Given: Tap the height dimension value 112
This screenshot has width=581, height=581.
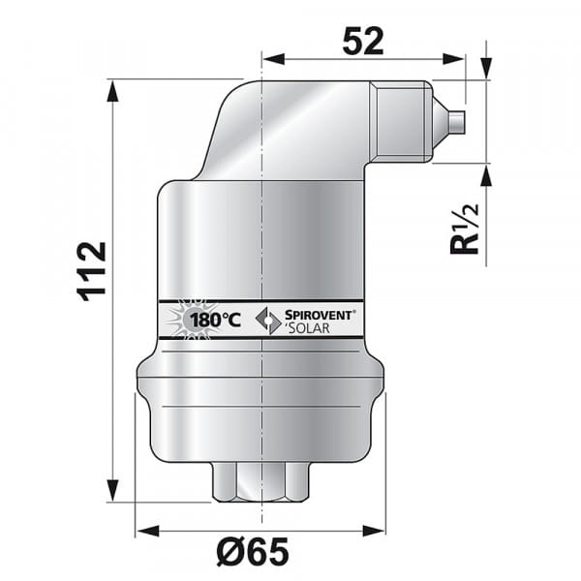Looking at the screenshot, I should (92, 271).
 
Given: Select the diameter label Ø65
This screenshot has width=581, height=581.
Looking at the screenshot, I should (254, 552).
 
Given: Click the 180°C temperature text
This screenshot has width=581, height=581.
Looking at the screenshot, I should (214, 319).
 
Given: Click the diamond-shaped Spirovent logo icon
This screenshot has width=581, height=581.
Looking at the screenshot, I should (267, 320).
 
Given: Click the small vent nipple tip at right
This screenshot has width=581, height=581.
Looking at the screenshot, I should (459, 122).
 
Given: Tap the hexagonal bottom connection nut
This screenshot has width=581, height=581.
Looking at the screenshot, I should (261, 480).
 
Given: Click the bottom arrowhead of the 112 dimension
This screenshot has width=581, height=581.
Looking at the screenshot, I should (113, 492).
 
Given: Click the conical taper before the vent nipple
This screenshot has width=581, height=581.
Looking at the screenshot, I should (441, 122).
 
